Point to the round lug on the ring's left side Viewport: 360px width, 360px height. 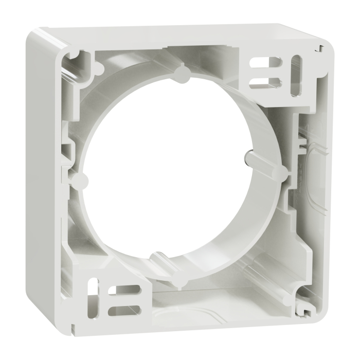81,179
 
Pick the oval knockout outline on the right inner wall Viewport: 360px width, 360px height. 311,170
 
